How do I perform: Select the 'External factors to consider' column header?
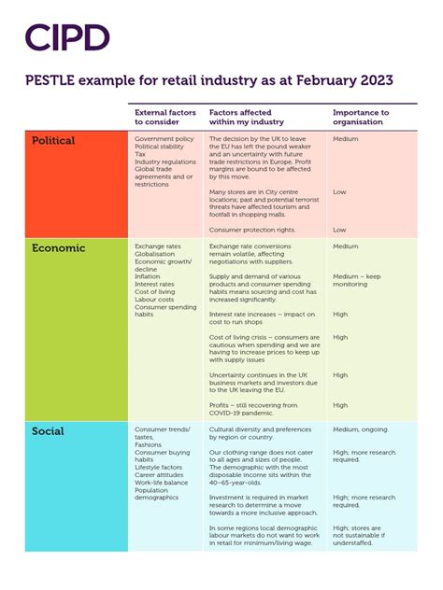point(165,118)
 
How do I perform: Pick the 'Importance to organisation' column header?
point(361,118)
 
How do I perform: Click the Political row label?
point(53,141)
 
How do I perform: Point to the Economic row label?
point(58,248)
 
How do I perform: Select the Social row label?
point(48,431)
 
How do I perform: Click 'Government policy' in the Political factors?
point(164,138)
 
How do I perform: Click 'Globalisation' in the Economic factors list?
point(161,254)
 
